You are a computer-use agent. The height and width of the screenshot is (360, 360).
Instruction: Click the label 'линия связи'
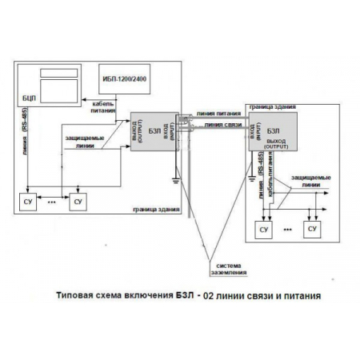(217, 125)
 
